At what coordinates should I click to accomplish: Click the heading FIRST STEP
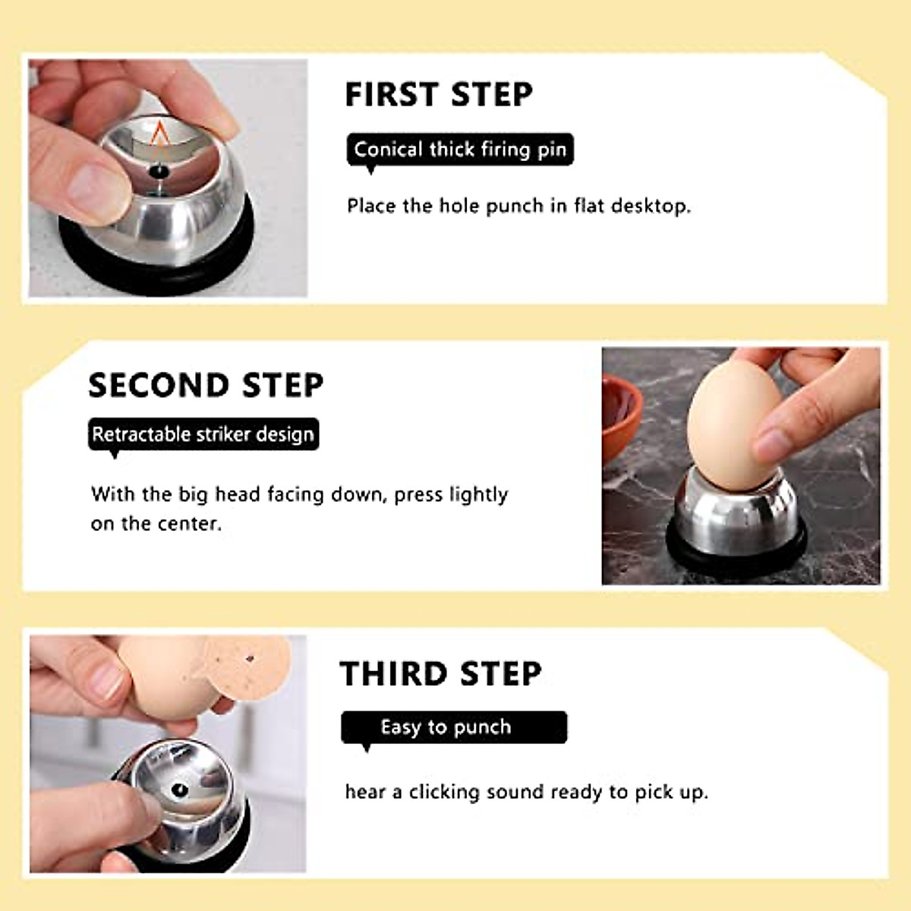(x=439, y=95)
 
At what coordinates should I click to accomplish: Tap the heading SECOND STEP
(x=206, y=385)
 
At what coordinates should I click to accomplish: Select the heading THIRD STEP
(x=440, y=674)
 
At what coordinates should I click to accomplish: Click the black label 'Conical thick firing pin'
(x=460, y=150)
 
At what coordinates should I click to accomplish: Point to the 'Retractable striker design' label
(x=203, y=434)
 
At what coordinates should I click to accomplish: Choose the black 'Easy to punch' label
(x=453, y=727)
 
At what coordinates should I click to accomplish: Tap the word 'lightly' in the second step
(x=478, y=495)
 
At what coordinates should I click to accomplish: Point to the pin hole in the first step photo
(x=158, y=172)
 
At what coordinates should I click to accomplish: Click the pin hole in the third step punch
(x=180, y=790)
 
